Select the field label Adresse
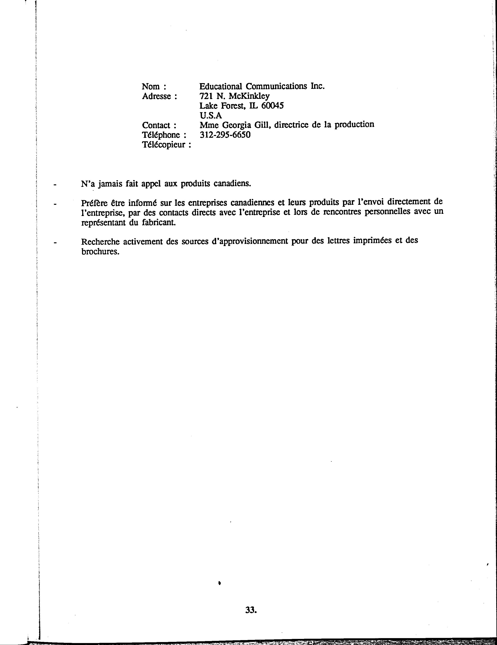[156, 96]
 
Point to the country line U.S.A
[211, 115]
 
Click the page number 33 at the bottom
[251, 610]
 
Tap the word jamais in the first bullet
[110, 184]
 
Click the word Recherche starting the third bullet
[101, 242]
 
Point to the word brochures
[100, 252]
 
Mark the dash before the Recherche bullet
[55, 243]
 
